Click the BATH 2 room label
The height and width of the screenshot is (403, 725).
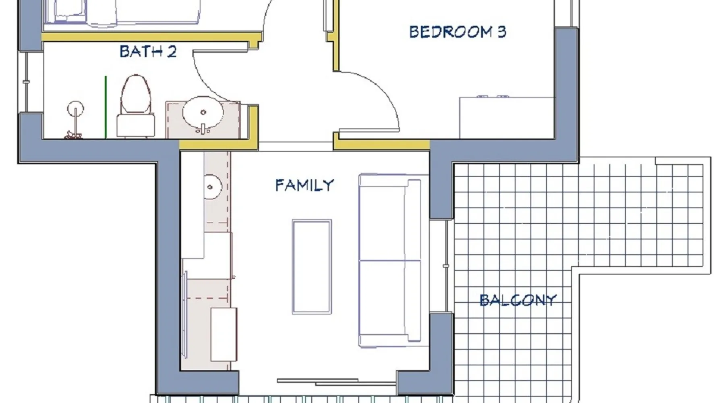148,52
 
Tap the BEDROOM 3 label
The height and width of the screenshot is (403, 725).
458,32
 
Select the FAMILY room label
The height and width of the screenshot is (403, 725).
304,185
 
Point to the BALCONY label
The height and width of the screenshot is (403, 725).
518,300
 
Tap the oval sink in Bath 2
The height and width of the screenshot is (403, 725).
203,112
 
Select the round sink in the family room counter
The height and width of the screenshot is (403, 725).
211,187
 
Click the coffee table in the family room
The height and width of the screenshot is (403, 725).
312,267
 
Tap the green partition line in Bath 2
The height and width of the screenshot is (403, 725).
106,107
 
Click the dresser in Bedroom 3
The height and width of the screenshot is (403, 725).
507,117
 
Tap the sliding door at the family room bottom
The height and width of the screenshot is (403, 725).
336,381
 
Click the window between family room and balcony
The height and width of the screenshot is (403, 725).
446,266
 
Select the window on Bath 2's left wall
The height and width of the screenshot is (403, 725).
26,82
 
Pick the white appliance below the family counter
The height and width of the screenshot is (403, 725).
224,334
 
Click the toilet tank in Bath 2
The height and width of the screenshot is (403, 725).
136,126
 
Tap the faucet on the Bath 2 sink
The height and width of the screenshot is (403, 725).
203,130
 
